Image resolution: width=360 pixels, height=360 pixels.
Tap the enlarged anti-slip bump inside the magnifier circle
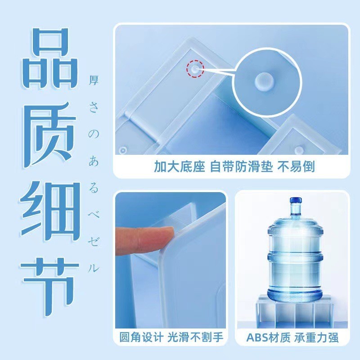(264, 82)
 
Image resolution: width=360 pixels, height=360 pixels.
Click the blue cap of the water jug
(296, 200)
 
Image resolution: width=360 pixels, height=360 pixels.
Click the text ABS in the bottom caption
(257, 337)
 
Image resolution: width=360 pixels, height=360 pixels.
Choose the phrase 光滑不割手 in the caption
(195, 337)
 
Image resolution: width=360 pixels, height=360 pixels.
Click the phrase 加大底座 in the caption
(179, 166)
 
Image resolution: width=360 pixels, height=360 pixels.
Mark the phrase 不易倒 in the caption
(296, 166)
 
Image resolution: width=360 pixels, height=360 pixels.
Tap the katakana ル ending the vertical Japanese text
(94, 268)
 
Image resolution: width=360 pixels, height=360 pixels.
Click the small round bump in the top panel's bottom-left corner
(123, 150)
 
